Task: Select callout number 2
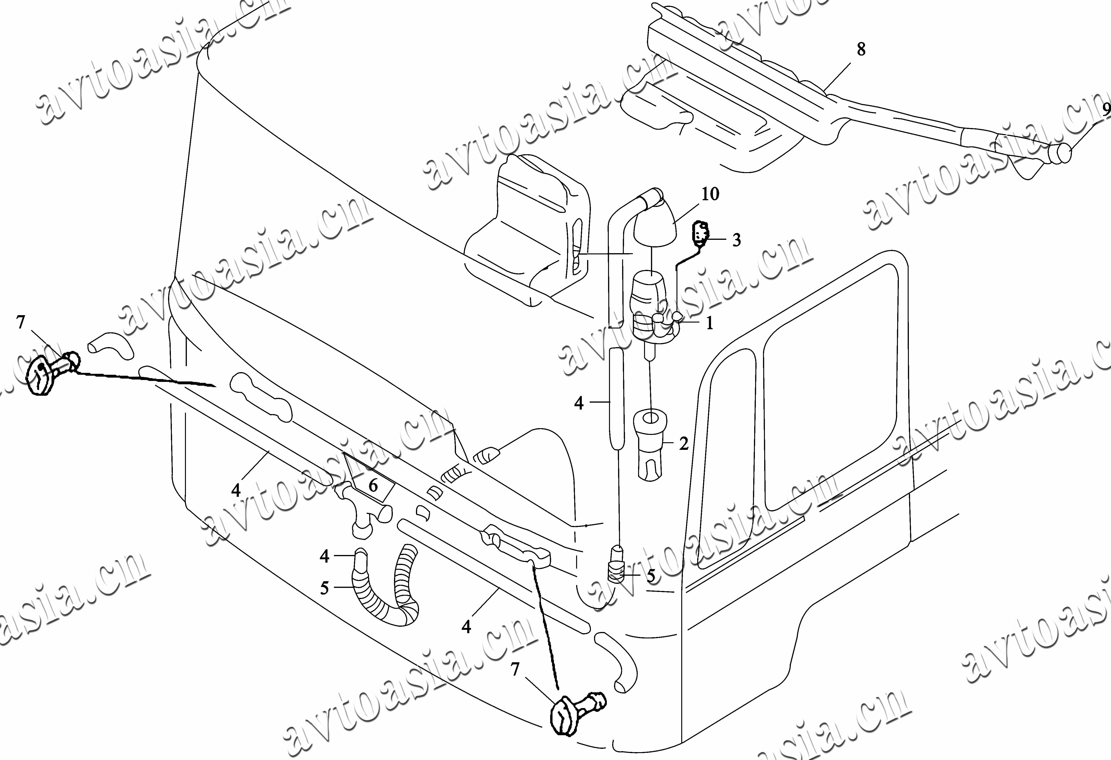tap(684, 444)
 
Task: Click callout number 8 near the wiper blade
tap(861, 49)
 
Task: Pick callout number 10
tap(710, 194)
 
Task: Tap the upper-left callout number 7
tap(20, 323)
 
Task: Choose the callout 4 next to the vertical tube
tap(579, 403)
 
